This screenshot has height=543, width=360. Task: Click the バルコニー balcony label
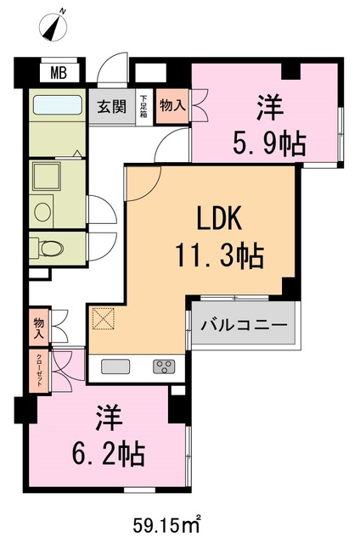[245, 325]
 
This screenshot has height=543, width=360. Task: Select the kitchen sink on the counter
[116, 366]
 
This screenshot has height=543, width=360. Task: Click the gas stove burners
[164, 366]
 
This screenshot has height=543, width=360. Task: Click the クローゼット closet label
[39, 372]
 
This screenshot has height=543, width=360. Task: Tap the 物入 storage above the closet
[39, 327]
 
